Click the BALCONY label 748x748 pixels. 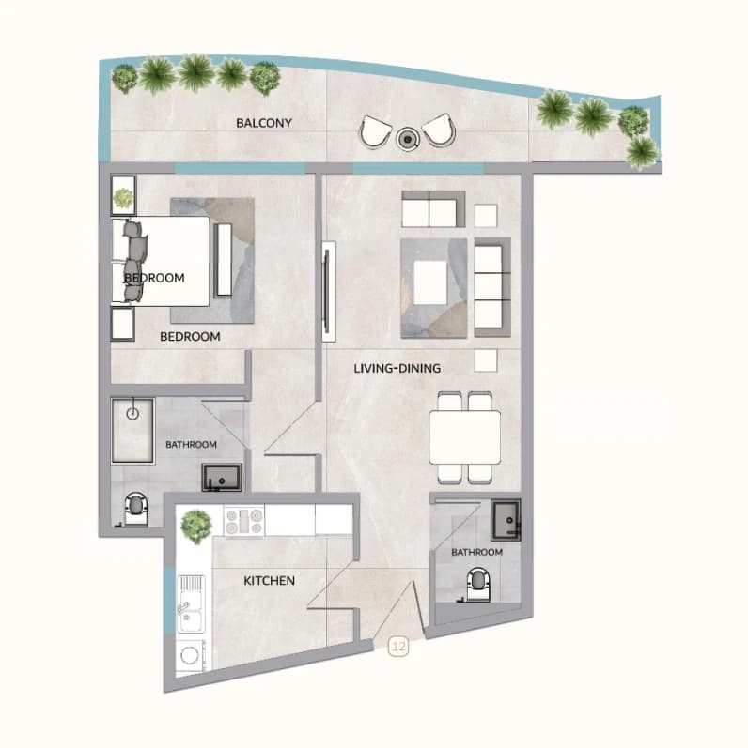(x=264, y=123)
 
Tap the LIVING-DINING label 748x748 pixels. (x=397, y=368)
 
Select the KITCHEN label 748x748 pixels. (x=269, y=581)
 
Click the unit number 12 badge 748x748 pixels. (x=398, y=647)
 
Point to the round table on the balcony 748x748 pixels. (x=408, y=139)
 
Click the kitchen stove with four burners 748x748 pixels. (x=244, y=521)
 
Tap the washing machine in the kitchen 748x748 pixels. (x=190, y=655)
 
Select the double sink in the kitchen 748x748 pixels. (x=191, y=603)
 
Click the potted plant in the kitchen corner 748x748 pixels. (x=195, y=527)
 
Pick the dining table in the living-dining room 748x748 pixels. (x=465, y=437)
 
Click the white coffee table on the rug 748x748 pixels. (x=430, y=282)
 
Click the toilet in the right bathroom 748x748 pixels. (x=477, y=584)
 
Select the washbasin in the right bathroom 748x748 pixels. (x=506, y=519)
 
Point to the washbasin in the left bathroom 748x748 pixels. (x=222, y=477)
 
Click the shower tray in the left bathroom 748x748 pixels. (x=132, y=431)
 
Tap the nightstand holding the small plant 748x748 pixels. (x=123, y=195)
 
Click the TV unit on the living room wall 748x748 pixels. (x=328, y=291)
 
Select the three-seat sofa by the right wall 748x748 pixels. (x=492, y=287)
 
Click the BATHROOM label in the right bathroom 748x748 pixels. (x=476, y=552)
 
